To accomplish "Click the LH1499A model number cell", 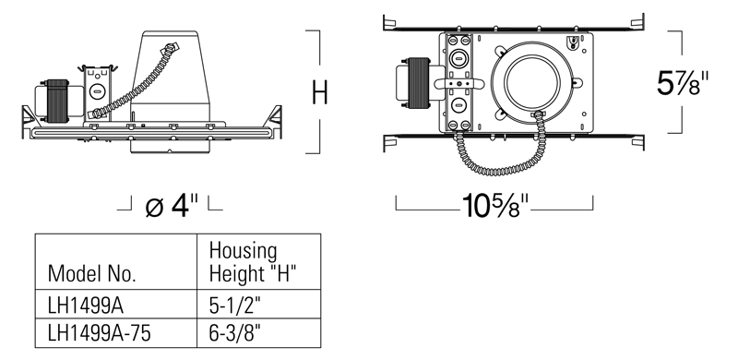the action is [x=85, y=306].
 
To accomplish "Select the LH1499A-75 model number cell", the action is [x=100, y=333].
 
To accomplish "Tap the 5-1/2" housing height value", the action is [x=234, y=306].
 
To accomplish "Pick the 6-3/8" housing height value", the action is [x=234, y=334].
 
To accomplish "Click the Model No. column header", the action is [x=91, y=274].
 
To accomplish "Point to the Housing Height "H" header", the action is [x=252, y=262].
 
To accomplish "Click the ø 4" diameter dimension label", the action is [x=172, y=205].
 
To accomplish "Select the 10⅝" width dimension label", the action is [x=494, y=205].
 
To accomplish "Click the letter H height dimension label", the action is [x=320, y=92].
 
